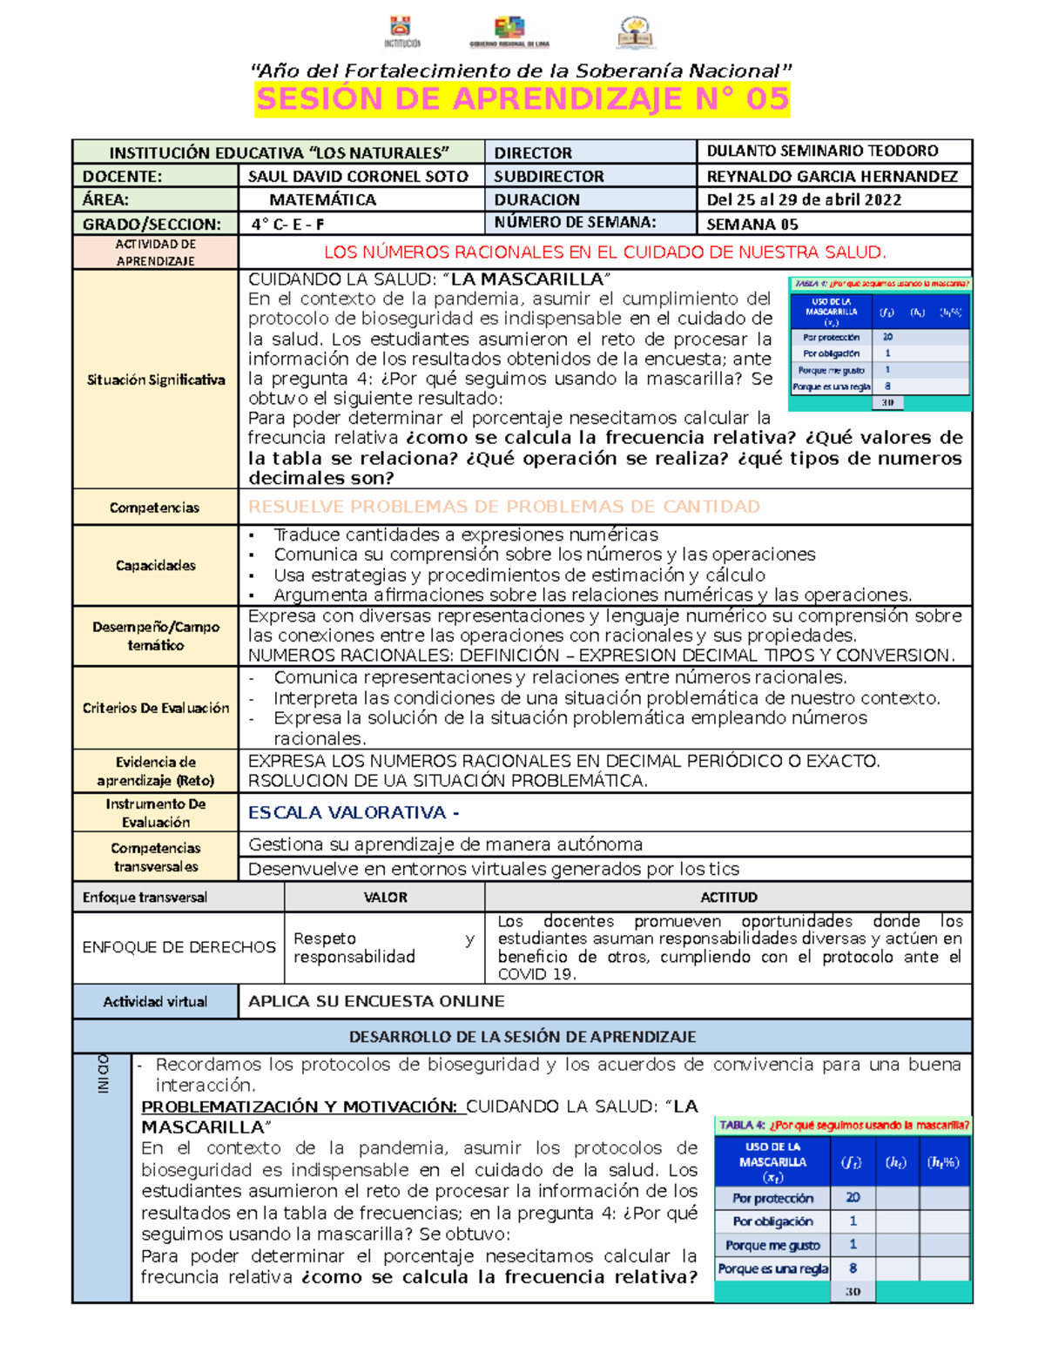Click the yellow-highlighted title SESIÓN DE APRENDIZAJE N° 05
(x=522, y=99)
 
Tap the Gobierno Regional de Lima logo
(x=509, y=30)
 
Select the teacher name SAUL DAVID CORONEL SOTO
(x=358, y=176)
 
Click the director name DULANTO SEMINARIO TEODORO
(x=822, y=151)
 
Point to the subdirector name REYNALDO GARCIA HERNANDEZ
(x=832, y=176)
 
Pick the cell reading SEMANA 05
(x=752, y=224)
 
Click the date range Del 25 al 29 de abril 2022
(x=804, y=199)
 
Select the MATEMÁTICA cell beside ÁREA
(x=322, y=199)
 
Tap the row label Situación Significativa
(x=156, y=380)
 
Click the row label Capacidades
(x=156, y=565)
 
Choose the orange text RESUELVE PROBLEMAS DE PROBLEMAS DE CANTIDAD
(x=504, y=507)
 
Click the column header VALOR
(x=385, y=897)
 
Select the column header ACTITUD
(x=729, y=897)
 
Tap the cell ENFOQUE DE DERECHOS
(x=179, y=947)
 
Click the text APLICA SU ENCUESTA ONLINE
(x=376, y=1001)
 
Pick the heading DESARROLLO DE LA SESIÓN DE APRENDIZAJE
(x=522, y=1036)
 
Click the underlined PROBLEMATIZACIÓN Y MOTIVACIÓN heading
(x=299, y=1106)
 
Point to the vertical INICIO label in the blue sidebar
(x=103, y=1073)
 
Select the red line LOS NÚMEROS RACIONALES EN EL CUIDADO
(x=604, y=252)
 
